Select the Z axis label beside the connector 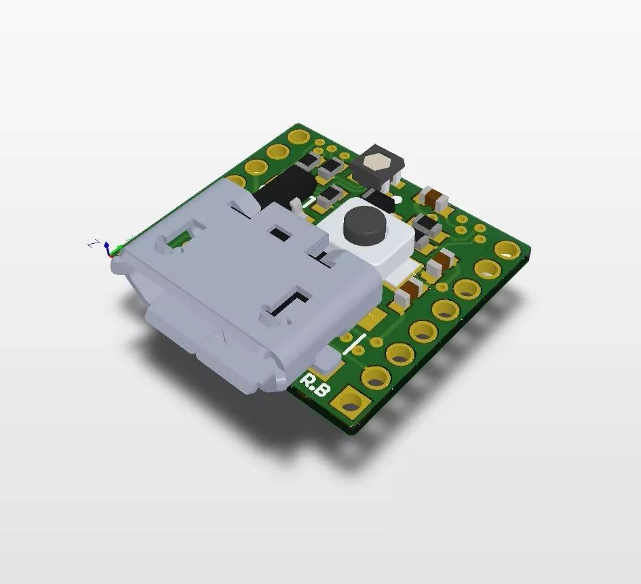(96, 243)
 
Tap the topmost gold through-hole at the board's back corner (297, 136)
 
